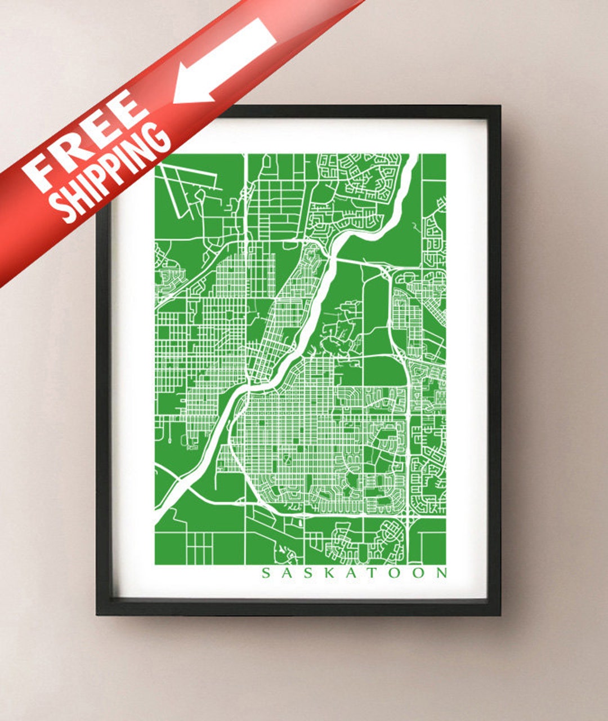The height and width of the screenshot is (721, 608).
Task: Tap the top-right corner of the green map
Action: click(445, 154)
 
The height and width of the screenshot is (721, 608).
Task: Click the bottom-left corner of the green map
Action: click(156, 564)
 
